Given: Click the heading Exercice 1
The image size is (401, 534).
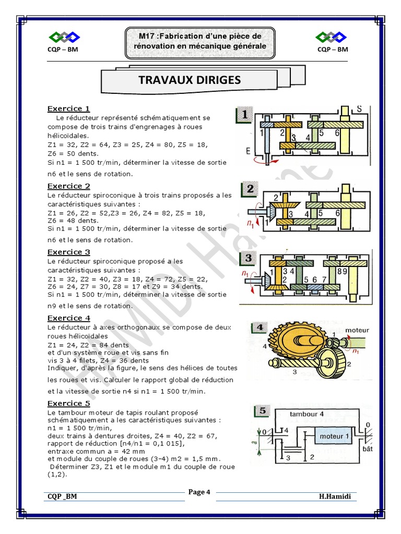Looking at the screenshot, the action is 68,108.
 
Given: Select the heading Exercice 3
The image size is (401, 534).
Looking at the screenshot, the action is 68,252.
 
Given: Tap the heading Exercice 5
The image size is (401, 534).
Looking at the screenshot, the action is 68,404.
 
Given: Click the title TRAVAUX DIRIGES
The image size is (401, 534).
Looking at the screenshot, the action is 190,80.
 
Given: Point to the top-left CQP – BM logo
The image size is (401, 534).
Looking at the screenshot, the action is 63,42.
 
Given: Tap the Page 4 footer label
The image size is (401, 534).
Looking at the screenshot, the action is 199,492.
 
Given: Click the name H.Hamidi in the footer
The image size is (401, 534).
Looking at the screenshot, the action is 335,496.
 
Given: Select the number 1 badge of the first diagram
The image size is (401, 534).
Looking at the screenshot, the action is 244,114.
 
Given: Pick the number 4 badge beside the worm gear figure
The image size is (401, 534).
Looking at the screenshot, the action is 260,327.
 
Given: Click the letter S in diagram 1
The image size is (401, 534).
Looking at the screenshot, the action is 359,109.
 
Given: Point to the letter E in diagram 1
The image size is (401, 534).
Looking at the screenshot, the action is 248,151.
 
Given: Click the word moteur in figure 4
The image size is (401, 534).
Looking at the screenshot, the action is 357,330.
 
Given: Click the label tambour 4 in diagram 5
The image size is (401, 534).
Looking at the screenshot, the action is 306,414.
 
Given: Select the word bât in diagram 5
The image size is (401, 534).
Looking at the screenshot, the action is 368,449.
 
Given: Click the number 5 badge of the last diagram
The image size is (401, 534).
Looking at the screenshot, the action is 262,410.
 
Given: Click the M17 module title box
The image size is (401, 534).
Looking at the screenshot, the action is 200,43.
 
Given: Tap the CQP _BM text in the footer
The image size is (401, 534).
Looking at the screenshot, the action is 62,496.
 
